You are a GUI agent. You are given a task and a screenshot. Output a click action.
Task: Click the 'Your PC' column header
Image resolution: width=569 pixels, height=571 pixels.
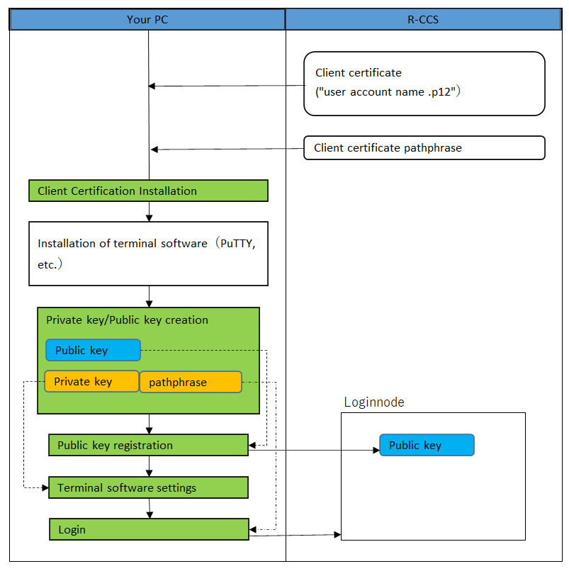point(147,19)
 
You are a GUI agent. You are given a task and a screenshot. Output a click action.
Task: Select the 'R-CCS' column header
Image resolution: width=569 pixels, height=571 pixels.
point(422,19)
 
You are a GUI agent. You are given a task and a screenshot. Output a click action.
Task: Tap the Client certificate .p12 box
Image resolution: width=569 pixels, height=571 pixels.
point(424,83)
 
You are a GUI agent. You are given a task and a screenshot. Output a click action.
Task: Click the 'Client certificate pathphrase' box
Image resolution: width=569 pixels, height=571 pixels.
point(424,148)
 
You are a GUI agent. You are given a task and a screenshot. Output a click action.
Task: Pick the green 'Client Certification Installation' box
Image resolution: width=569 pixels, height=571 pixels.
point(148,191)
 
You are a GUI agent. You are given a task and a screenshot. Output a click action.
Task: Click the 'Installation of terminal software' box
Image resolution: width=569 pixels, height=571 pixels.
point(148,254)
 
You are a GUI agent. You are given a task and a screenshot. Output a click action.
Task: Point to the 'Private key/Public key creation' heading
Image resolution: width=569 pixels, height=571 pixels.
point(127,320)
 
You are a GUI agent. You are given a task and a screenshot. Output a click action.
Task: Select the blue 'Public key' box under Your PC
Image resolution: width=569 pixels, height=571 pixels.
point(93,350)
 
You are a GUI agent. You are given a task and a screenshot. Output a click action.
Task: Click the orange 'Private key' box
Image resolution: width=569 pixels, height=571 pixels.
point(91,382)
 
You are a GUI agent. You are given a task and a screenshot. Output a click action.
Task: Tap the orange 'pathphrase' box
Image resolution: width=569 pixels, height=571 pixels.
point(191,383)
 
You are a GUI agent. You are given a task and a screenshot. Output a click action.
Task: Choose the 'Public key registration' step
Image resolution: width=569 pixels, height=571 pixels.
point(148,445)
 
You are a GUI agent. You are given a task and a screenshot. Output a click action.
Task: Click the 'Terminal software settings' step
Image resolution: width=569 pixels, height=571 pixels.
point(148,487)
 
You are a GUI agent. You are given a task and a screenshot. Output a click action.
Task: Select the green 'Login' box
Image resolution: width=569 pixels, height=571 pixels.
point(148,529)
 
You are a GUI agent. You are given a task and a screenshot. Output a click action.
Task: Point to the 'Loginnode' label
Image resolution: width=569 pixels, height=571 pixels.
point(374,402)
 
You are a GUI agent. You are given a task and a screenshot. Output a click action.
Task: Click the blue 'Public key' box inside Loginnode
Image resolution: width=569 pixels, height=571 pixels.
point(427,445)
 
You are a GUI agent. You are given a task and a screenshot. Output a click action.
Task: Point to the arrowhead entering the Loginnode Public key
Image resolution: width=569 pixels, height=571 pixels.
point(376,450)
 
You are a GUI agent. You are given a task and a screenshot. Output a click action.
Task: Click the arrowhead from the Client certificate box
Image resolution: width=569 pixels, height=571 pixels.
point(152,86)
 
